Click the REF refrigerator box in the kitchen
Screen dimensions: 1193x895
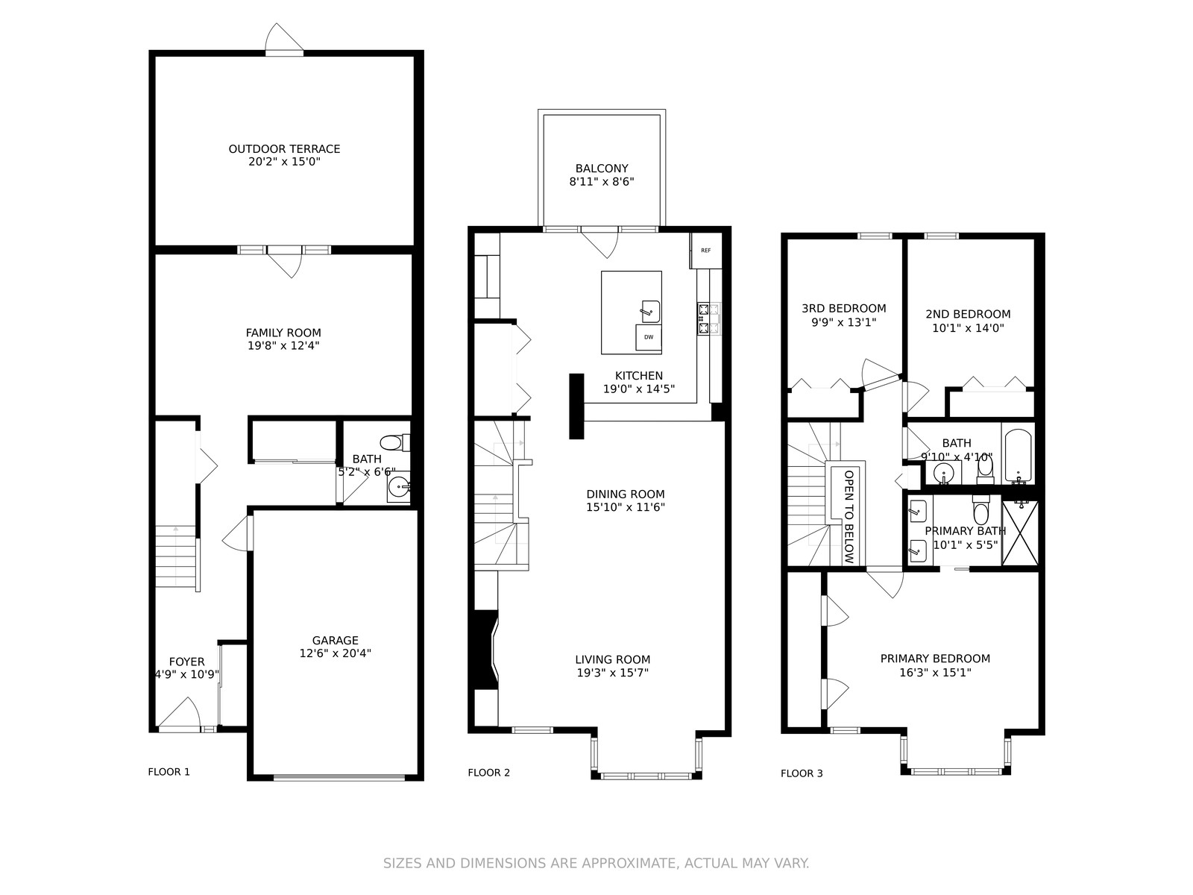pyautogui.click(x=705, y=251)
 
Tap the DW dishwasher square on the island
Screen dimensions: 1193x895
pyautogui.click(x=649, y=337)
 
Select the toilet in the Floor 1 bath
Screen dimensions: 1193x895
pyautogui.click(x=394, y=442)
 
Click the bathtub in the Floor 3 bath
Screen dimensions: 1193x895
pyautogui.click(x=1018, y=456)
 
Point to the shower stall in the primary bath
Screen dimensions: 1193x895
pyautogui.click(x=1019, y=533)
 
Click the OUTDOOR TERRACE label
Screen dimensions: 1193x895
pyautogui.click(x=284, y=149)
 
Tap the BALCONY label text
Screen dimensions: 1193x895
pyautogui.click(x=602, y=169)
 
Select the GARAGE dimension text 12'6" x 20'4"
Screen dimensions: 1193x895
pyautogui.click(x=336, y=653)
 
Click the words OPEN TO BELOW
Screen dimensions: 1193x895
pyautogui.click(x=849, y=516)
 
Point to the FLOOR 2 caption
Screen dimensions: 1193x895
pyautogui.click(x=488, y=773)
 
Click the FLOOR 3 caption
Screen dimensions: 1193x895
pyautogui.click(x=802, y=774)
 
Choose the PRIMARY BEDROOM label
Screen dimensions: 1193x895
pyautogui.click(x=935, y=659)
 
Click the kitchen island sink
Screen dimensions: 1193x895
pyautogui.click(x=650, y=311)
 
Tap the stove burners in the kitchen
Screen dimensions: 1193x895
pyautogui.click(x=708, y=318)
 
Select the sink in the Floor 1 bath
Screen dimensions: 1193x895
pyautogui.click(x=400, y=486)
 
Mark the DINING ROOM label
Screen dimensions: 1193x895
pyautogui.click(x=626, y=494)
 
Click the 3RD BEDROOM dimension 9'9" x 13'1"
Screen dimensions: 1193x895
pyautogui.click(x=844, y=322)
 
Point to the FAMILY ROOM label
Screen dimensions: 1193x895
pyautogui.click(x=283, y=333)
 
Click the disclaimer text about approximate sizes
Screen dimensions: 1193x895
pyautogui.click(x=596, y=864)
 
